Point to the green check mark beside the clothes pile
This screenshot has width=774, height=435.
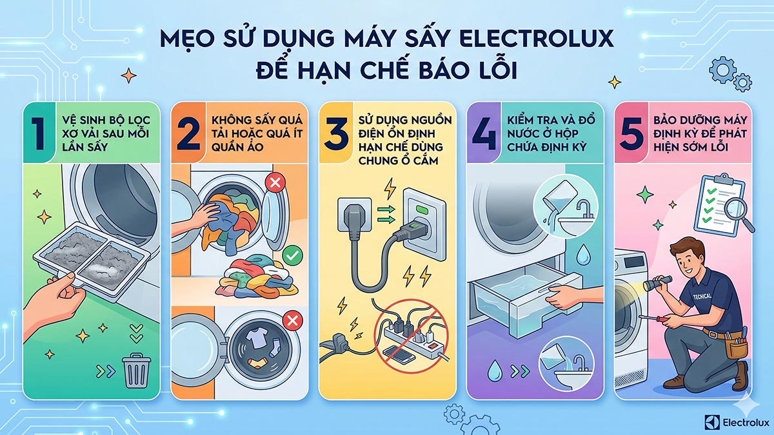pyautogui.click(x=292, y=256)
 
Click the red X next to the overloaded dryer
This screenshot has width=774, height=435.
pyautogui.click(x=274, y=182)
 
